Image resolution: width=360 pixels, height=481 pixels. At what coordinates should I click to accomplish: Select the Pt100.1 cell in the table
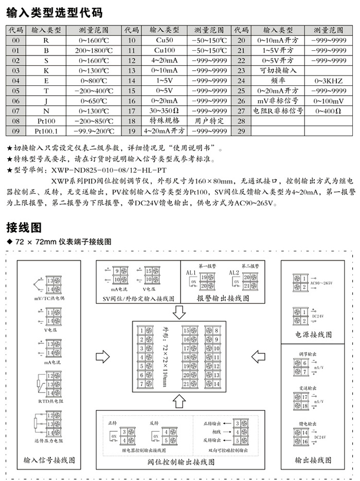click(46, 131)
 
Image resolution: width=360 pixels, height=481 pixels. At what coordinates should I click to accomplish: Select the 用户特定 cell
click(209, 121)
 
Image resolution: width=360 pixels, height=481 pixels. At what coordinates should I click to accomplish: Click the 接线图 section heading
click(24, 227)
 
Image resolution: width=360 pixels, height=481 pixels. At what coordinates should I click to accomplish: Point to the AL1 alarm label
click(191, 273)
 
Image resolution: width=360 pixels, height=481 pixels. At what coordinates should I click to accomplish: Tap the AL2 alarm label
click(235, 273)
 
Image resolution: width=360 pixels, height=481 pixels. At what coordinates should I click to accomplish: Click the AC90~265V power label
click(322, 283)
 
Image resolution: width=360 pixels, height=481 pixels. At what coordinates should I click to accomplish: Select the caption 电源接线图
click(314, 335)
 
